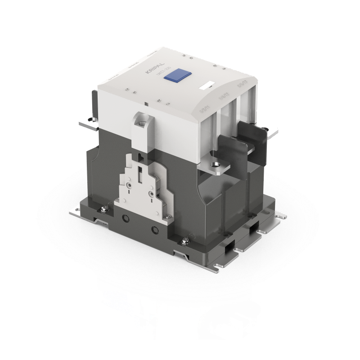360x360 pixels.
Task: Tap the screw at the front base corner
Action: (185, 243)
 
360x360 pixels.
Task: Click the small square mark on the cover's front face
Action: (148, 103)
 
